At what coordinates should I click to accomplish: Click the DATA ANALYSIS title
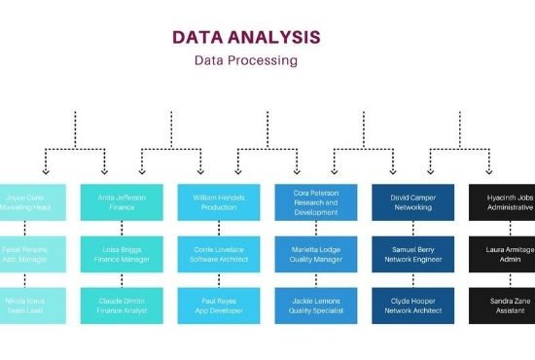pos(246,37)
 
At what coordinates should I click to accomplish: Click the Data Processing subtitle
pos(246,60)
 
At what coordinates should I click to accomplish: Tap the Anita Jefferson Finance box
pos(122,201)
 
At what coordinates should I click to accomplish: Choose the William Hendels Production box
pos(219,201)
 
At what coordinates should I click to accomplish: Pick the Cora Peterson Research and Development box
pos(316,201)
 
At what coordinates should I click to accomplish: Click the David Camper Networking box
pos(413,201)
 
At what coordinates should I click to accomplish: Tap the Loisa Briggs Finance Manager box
pos(122,254)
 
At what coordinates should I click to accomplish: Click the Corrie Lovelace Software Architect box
pos(219,254)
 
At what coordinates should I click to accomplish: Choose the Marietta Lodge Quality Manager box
pos(316,254)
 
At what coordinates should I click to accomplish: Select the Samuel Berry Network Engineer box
pos(413,254)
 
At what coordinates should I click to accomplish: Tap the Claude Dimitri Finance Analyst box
pos(122,306)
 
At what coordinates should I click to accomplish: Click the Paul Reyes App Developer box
pos(219,306)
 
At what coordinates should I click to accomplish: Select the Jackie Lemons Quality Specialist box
pos(316,306)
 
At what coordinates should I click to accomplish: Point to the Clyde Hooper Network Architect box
pos(413,306)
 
